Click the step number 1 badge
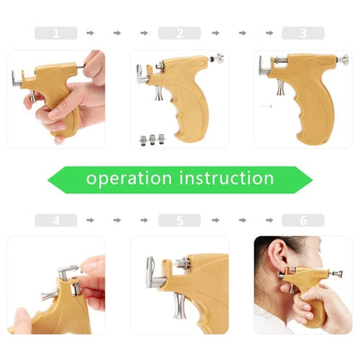click(56, 33)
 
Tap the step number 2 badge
click(179, 33)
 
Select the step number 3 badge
click(302, 33)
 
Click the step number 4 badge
click(56, 220)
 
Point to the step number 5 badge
click(179, 220)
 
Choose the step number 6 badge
click(302, 220)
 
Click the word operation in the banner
click(132, 178)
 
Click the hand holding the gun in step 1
click(67, 112)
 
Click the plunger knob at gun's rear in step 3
click(345, 58)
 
